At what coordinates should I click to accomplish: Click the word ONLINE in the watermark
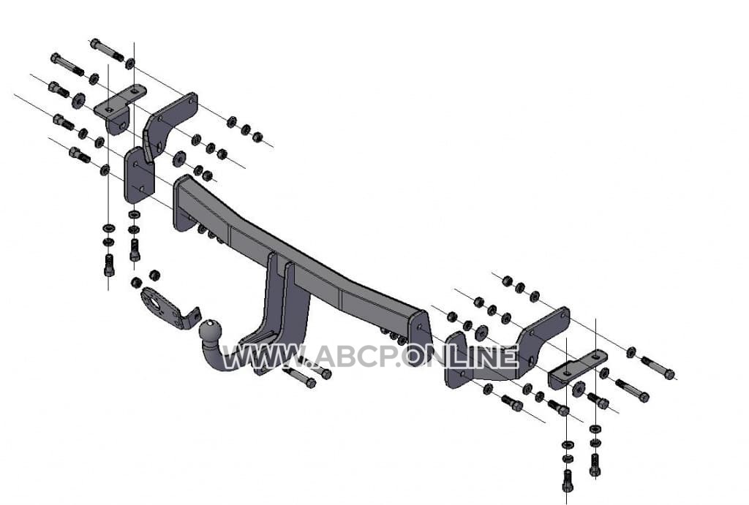coord(461,356)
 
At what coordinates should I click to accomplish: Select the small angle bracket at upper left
coord(119,108)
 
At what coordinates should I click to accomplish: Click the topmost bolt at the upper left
coord(107,49)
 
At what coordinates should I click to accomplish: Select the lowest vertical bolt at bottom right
coord(567,480)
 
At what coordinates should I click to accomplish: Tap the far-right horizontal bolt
coord(658,367)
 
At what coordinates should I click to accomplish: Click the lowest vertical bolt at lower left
coord(110,265)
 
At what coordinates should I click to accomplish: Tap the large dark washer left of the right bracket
coord(481,332)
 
